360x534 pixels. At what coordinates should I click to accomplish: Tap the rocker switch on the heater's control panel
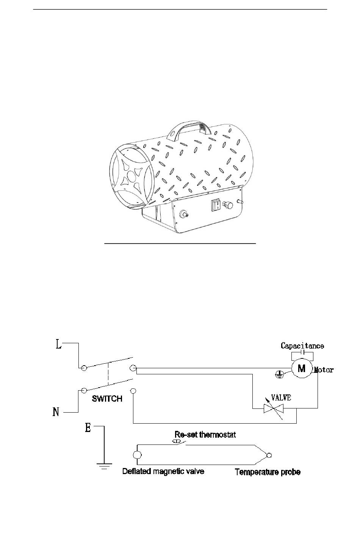(x=216, y=205)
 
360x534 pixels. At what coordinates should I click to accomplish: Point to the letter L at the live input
(x=59, y=344)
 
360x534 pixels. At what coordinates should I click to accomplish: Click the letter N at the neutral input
(x=56, y=412)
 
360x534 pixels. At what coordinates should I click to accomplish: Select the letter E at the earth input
(x=88, y=427)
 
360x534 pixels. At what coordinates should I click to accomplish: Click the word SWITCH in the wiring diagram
(x=107, y=399)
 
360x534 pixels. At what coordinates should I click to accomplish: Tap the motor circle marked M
(x=302, y=369)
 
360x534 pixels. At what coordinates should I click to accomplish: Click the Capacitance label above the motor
(x=302, y=346)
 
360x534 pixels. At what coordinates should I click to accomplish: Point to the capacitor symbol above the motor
(x=302, y=352)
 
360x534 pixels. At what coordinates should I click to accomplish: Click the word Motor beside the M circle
(x=324, y=370)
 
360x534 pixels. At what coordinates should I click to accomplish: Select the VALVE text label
(x=281, y=397)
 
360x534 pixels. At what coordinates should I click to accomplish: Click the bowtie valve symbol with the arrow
(x=274, y=409)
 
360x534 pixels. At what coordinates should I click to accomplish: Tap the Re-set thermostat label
(x=205, y=435)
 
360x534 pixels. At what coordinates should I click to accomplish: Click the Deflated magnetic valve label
(x=163, y=471)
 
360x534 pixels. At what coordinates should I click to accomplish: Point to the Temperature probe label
(x=268, y=472)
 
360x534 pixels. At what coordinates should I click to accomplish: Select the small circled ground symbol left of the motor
(x=279, y=375)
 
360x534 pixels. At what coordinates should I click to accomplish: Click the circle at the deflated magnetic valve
(x=137, y=455)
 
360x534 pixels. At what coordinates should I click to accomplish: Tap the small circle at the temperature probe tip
(x=269, y=455)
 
